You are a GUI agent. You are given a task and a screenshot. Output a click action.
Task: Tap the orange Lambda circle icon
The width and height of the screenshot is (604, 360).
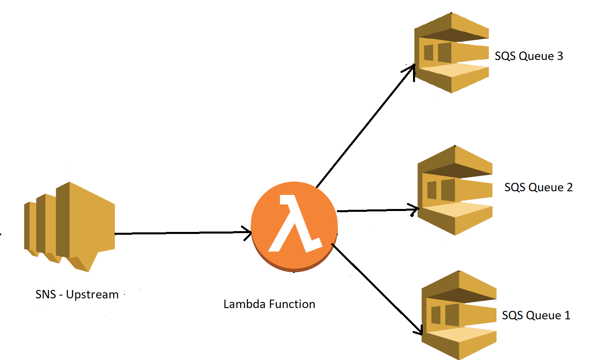(294, 226)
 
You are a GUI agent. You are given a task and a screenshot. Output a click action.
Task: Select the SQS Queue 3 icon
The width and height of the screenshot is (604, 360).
(451, 53)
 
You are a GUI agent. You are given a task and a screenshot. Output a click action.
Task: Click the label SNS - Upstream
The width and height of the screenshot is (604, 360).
(77, 294)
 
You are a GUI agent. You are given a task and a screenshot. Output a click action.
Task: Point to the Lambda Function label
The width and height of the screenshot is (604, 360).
(269, 304)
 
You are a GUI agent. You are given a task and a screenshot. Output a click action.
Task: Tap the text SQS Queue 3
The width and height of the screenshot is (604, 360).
(529, 56)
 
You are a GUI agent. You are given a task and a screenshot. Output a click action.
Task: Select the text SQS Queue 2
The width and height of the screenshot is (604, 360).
(538, 187)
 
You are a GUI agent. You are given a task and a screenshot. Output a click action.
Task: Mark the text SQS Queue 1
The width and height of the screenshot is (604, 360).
(536, 315)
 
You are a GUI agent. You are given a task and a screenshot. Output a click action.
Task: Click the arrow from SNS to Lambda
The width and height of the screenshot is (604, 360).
(181, 233)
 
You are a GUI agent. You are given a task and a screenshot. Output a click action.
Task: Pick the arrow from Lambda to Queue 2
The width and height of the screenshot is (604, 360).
(375, 210)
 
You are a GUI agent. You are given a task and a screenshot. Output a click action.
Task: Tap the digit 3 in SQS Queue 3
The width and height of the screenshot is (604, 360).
(560, 56)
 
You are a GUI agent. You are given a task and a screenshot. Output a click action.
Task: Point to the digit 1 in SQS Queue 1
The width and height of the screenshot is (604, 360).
(567, 315)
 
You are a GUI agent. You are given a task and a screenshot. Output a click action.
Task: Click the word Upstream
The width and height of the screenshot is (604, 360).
(92, 295)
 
